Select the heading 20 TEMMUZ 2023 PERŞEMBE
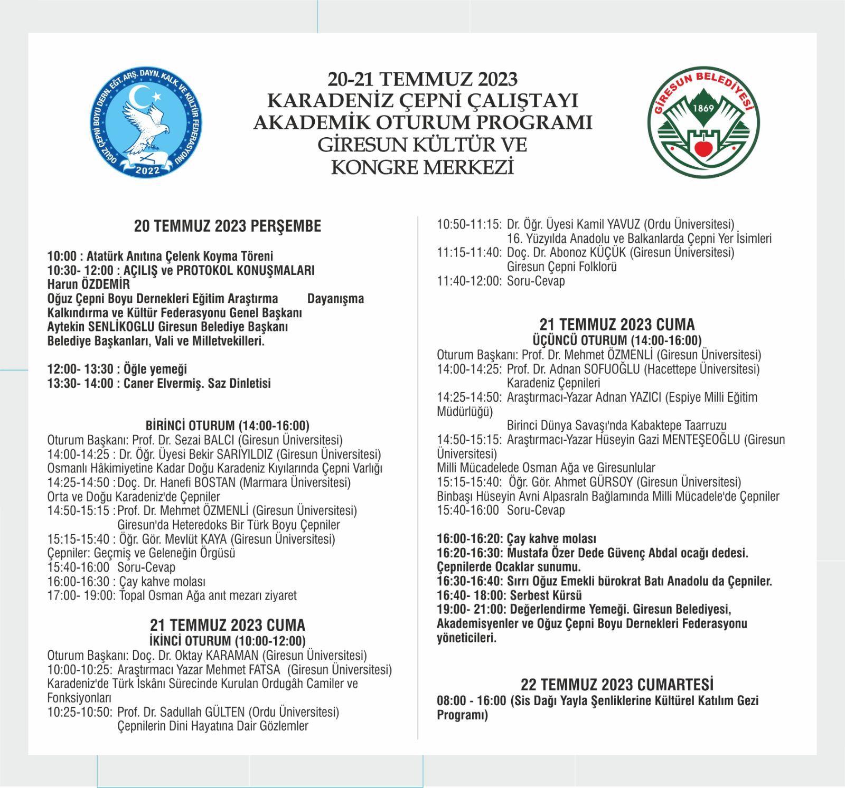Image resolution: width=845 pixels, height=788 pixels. (x=228, y=226)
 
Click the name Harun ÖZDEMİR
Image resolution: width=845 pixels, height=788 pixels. (x=88, y=284)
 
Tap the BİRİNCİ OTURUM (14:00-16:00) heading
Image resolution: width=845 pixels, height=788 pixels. (x=227, y=425)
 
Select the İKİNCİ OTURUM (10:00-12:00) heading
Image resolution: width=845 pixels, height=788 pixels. (x=228, y=641)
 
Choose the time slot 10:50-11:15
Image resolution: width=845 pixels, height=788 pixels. (x=469, y=224)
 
